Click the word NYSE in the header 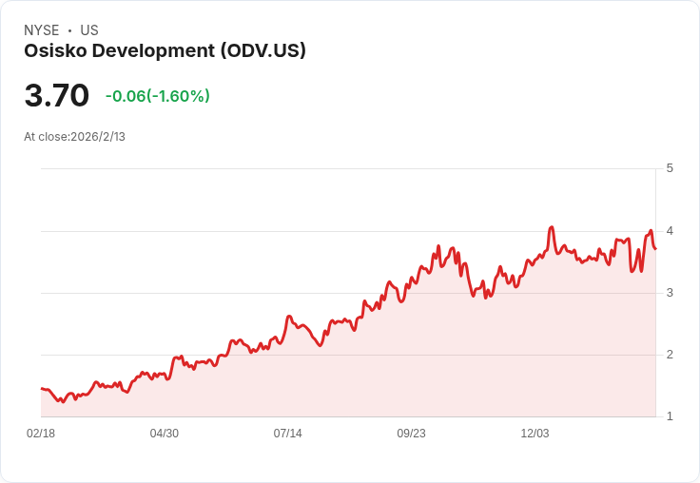coord(41,30)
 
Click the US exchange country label coord(89,30)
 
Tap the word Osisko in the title coord(55,51)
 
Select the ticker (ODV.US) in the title coord(262,51)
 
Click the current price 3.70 coord(57,96)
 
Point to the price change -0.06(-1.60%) coord(157,96)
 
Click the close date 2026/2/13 coord(98,137)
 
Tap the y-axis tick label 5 coord(670,168)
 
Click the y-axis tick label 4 coord(670,231)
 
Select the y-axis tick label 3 coord(670,293)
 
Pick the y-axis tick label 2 coord(670,355)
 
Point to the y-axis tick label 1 coord(670,416)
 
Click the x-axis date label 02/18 coord(41,434)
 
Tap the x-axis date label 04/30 coord(165,434)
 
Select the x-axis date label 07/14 coord(288,434)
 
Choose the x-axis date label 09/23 coord(411,434)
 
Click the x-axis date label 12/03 coord(535,434)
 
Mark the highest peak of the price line coord(552,227)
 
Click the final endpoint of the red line coord(655,249)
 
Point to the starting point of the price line coord(41,388)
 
